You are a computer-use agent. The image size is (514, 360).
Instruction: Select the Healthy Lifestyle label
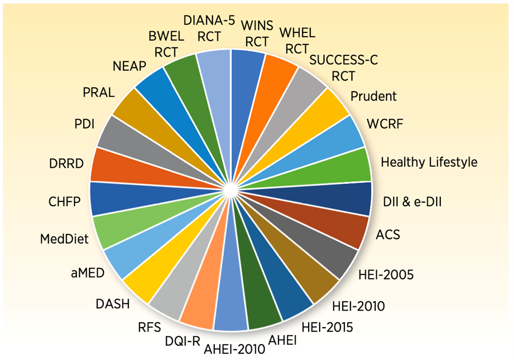tap(429, 162)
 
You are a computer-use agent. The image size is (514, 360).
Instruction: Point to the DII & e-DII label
tap(413, 203)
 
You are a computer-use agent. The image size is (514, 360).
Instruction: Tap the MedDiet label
tap(64, 240)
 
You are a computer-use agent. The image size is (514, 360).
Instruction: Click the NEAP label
tap(128, 66)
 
